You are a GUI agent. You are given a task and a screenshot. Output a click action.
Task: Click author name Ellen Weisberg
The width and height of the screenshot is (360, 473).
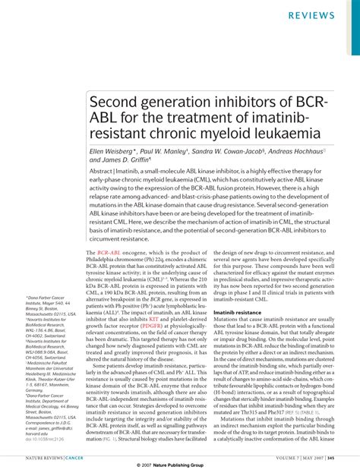(115, 152)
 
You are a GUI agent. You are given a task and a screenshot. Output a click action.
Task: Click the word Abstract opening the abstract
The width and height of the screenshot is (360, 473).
(104, 173)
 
